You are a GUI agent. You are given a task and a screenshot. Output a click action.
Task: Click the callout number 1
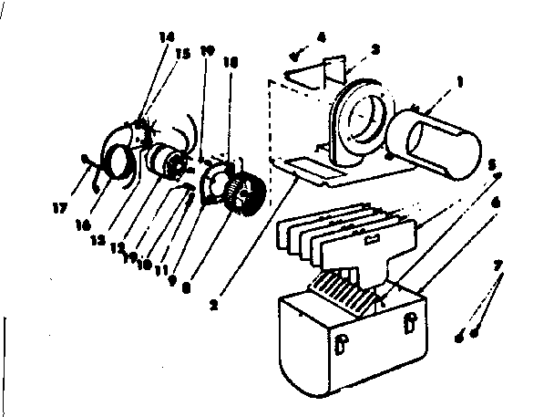(460, 81)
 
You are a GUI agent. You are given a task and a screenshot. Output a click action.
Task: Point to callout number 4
(321, 36)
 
